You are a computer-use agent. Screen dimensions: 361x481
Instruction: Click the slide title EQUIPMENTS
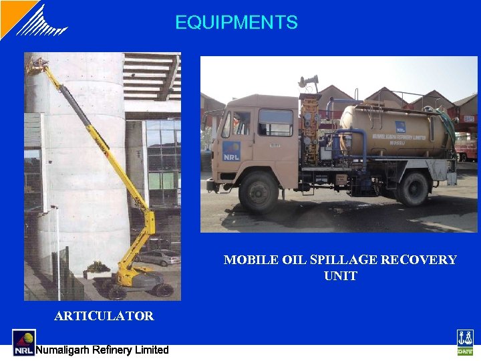pos(236,23)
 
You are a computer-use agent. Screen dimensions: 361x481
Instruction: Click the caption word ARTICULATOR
pos(104,316)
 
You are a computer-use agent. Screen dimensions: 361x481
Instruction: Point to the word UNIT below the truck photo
pos(341,276)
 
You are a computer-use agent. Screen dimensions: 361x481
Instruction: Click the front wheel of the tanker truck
pos(259,193)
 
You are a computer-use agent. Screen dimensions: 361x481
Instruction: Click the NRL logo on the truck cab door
pos(232,150)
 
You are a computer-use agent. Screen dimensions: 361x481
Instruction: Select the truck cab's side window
pos(275,122)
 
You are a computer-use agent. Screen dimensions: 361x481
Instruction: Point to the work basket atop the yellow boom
pos(37,65)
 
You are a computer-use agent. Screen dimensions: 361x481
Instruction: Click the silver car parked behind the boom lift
pos(158,258)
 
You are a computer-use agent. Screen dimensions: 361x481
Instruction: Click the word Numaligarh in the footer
pos(61,350)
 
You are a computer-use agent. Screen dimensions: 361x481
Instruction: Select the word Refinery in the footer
pos(110,350)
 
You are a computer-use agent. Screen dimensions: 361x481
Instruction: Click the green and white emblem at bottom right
pos(465,342)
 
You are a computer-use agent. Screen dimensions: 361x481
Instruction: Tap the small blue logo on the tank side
pos(400,126)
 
